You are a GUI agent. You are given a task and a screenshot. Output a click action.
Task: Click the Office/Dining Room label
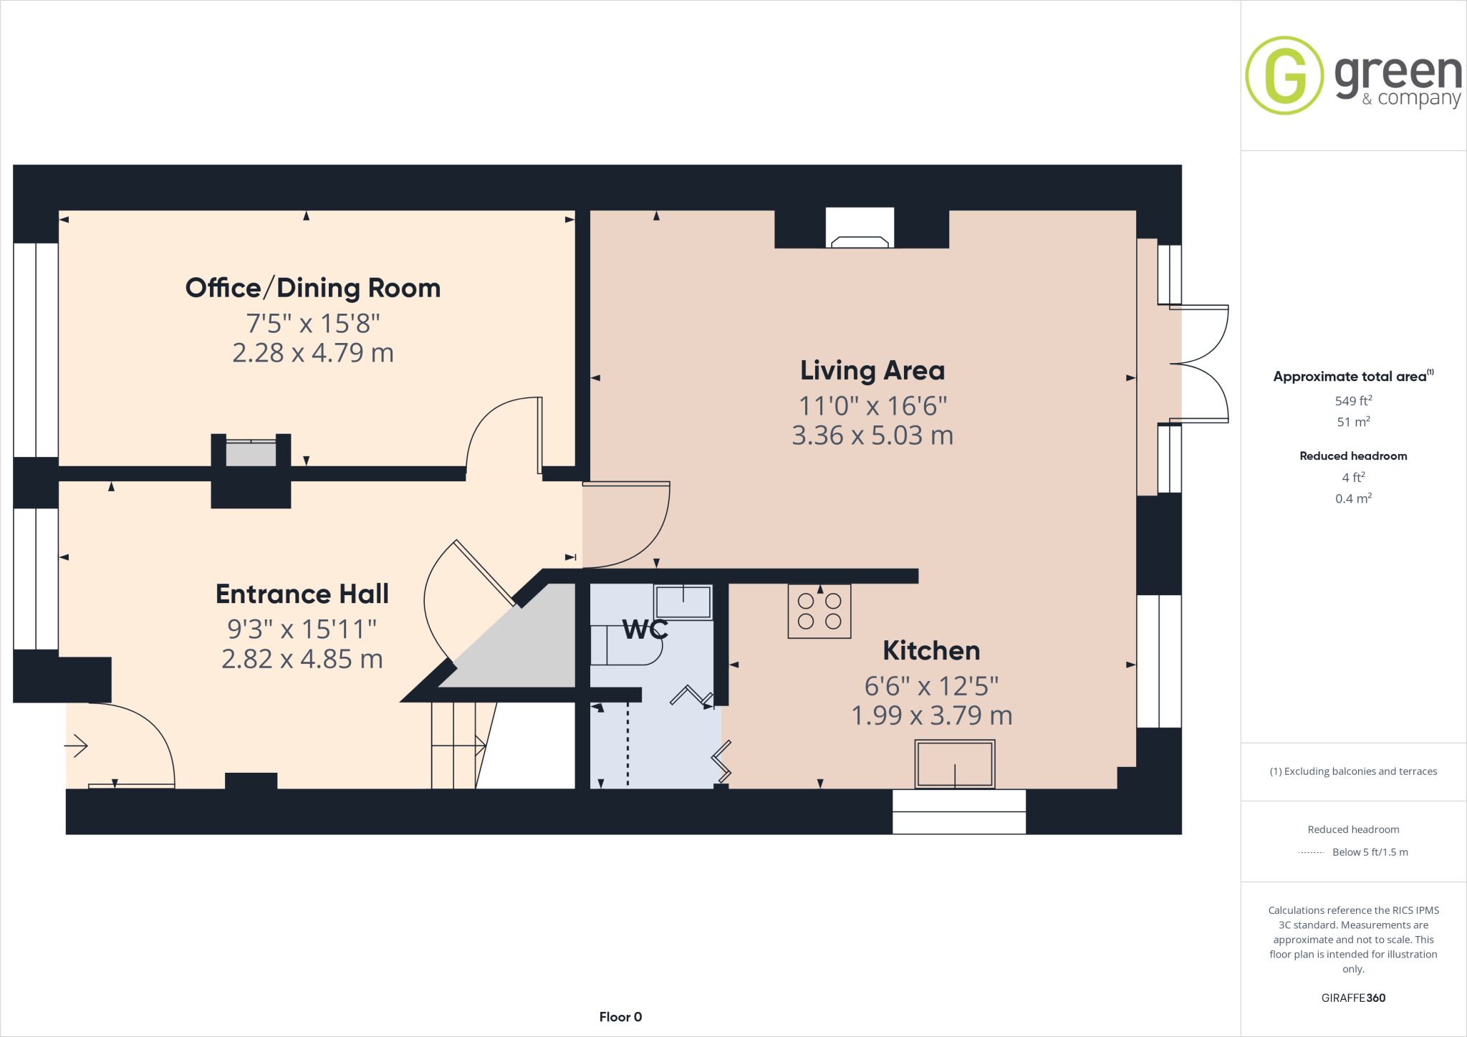tap(313, 288)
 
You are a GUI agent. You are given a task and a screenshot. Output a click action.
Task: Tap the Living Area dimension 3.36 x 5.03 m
tap(872, 435)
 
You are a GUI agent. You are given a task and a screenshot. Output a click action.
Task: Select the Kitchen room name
tap(931, 651)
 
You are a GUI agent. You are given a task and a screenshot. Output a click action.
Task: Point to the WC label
tap(645, 630)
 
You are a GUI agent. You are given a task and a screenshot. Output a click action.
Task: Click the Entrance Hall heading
tap(302, 594)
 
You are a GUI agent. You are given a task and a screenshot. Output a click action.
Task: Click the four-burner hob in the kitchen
tap(819, 612)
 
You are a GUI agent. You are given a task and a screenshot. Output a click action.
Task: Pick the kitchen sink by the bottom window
tap(954, 764)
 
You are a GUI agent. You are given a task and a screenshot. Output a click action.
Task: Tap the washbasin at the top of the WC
tap(683, 602)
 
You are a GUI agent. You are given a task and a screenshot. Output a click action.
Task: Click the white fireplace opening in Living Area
tap(860, 227)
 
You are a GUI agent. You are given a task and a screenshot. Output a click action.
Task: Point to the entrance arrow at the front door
tap(77, 746)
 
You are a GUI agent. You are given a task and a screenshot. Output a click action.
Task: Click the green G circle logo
tap(1284, 75)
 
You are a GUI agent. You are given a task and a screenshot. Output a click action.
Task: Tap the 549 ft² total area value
tap(1353, 401)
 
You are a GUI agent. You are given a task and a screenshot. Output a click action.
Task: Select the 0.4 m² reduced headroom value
tap(1353, 498)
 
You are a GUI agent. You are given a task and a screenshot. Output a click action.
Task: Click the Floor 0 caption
tap(620, 1017)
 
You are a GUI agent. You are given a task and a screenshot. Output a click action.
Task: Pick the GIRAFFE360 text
tap(1353, 998)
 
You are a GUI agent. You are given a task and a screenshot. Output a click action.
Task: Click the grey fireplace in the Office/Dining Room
tap(251, 454)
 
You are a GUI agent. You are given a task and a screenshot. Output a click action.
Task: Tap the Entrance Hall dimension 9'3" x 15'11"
tap(302, 630)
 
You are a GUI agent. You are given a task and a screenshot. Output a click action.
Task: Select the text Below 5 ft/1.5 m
tap(1370, 852)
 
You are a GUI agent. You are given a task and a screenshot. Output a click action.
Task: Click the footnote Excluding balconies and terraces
tap(1353, 771)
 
